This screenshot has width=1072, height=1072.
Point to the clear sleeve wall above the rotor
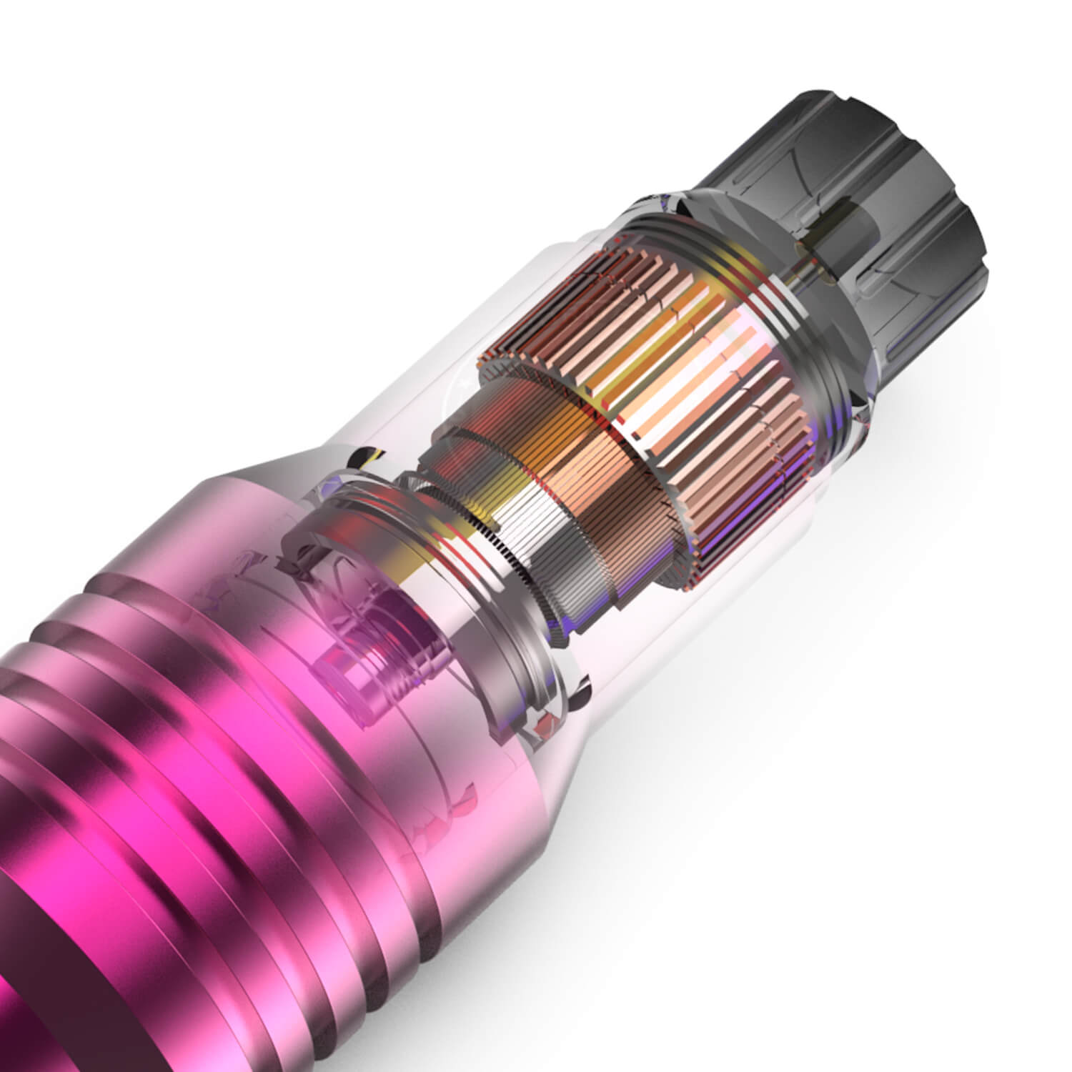click(500, 322)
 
